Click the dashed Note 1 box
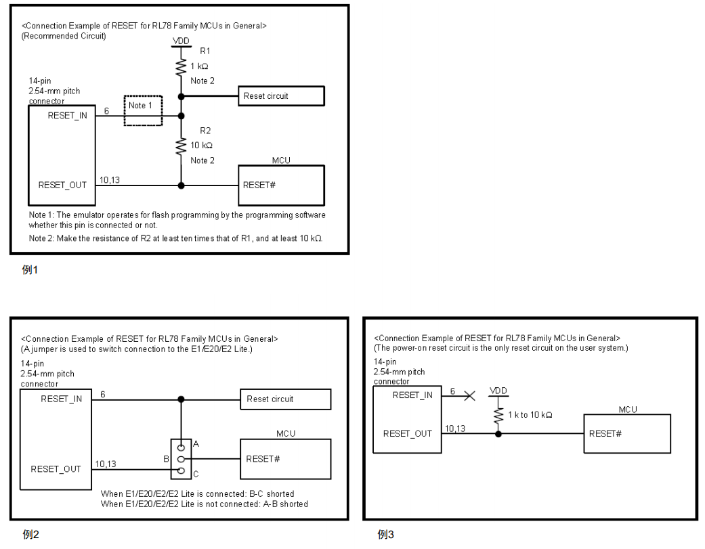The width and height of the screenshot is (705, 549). pyautogui.click(x=143, y=110)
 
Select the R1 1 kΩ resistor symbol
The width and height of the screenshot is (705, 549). pyautogui.click(x=181, y=66)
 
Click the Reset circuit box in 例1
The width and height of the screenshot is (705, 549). pyautogui.click(x=280, y=96)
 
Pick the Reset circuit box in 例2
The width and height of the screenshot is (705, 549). pyautogui.click(x=284, y=399)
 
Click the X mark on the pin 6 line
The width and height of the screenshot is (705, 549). pyautogui.click(x=469, y=396)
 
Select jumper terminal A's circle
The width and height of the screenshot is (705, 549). pyautogui.click(x=181, y=447)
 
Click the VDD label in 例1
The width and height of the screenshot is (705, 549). pyautogui.click(x=181, y=41)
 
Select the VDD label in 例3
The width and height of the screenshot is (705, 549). pyautogui.click(x=498, y=392)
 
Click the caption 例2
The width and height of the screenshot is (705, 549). pyautogui.click(x=32, y=534)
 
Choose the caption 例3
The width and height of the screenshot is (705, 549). pyautogui.click(x=387, y=534)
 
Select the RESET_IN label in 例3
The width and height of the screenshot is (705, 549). pyautogui.click(x=412, y=395)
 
